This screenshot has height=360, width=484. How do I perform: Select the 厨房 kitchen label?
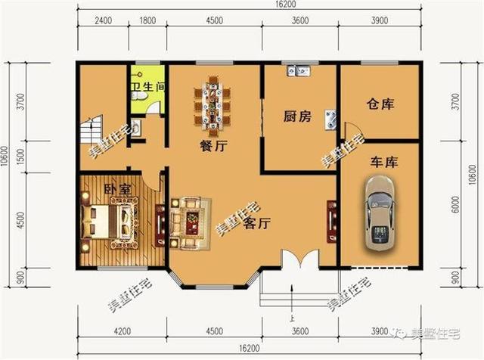point(297,116)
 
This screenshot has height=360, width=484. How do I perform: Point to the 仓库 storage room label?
point(382,104)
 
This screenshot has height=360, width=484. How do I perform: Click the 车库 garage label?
point(384,162)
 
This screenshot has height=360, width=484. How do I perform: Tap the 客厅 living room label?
point(259,224)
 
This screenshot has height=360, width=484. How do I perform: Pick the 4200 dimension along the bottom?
point(123,331)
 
